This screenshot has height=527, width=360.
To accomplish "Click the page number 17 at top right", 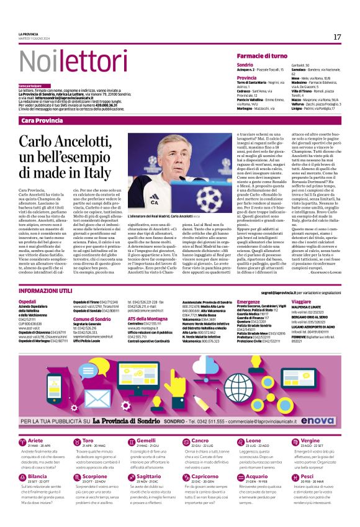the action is coord(337,37).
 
